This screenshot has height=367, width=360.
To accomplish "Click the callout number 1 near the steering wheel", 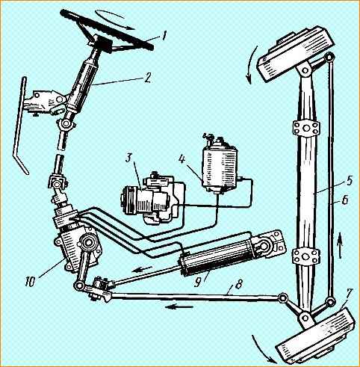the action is tap(163, 35).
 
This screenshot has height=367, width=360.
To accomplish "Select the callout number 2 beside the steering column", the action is tap(147, 77).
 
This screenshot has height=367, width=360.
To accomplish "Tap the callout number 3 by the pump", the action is tap(128, 157).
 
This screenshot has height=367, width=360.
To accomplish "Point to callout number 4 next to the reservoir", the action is tap(182, 158).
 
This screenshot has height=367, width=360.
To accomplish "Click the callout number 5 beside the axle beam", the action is tap(350, 181).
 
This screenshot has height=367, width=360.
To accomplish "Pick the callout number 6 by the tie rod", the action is tap(344, 200).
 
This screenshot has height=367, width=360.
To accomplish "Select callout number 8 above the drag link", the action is tap(238, 283).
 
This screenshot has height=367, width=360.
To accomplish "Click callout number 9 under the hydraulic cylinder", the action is tap(199, 282).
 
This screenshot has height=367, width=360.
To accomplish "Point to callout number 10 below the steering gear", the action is tap(31, 281).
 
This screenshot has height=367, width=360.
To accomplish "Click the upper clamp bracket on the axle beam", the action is tap(306, 129).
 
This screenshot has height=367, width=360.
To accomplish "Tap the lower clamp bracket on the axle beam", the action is tap(306, 256).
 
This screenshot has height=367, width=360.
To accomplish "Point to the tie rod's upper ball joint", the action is tap(330, 58).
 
